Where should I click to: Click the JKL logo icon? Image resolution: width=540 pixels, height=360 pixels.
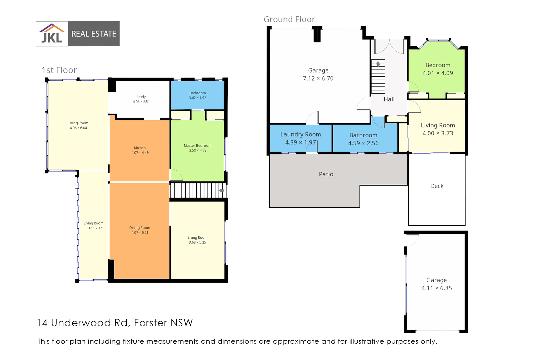click(52, 34)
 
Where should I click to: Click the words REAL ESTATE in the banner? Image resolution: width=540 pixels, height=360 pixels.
click(94, 34)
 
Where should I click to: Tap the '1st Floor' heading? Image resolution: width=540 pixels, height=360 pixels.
click(59, 70)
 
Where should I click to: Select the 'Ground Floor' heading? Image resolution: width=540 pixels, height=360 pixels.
click(289, 20)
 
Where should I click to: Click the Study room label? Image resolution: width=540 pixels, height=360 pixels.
click(141, 97)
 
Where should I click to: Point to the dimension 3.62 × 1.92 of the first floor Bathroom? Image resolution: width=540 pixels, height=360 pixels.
click(197, 98)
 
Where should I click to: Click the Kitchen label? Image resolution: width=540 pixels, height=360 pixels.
click(140, 148)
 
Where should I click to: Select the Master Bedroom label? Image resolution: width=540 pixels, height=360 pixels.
click(197, 146)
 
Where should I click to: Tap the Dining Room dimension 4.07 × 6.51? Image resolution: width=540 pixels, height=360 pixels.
click(140, 233)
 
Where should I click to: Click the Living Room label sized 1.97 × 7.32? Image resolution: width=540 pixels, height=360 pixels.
click(93, 223)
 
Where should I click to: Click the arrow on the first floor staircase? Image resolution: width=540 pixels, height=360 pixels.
click(221, 191)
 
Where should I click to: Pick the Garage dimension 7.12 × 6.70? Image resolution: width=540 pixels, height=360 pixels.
click(318, 79)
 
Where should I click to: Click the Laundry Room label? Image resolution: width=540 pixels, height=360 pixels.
click(300, 134)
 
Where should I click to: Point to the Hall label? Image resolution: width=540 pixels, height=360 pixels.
click(389, 99)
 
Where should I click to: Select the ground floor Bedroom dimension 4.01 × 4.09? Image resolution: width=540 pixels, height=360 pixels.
click(438, 73)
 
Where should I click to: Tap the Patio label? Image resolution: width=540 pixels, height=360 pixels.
click(326, 174)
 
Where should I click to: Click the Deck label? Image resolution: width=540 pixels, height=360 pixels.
click(437, 186)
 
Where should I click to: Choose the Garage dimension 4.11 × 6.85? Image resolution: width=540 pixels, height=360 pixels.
click(436, 288)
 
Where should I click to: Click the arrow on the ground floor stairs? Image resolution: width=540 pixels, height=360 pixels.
click(378, 64)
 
